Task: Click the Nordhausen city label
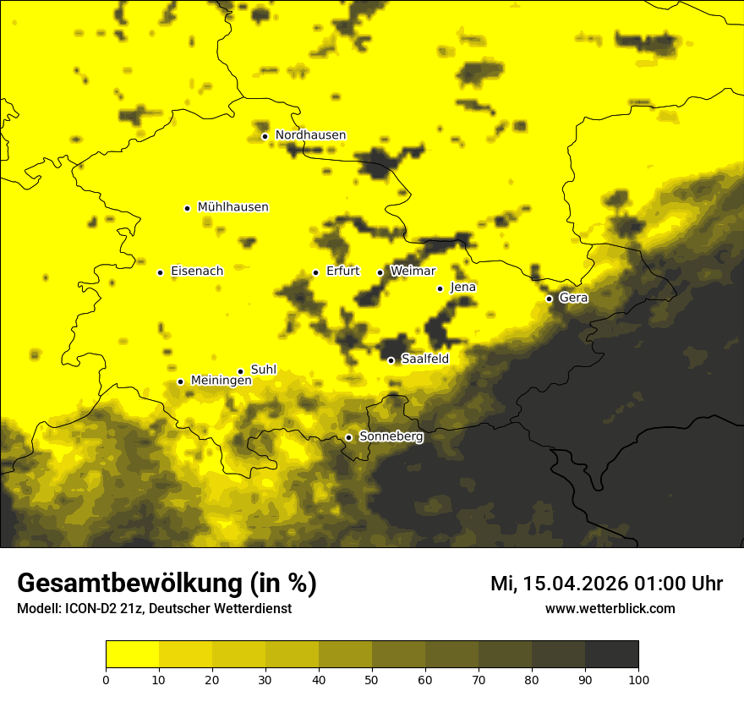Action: click(x=310, y=135)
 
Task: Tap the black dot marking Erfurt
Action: click(x=315, y=272)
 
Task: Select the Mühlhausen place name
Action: click(x=232, y=207)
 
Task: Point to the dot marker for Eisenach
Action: click(x=160, y=272)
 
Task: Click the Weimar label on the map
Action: click(x=413, y=271)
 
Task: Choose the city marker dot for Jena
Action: click(x=440, y=288)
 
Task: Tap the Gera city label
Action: click(x=572, y=298)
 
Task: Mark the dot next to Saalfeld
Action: click(x=391, y=360)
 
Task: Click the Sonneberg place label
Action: click(x=391, y=436)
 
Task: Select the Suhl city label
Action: click(x=263, y=370)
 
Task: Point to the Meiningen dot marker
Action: click(x=180, y=381)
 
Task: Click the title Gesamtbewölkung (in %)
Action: click(x=167, y=584)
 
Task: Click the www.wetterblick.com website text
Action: click(x=610, y=608)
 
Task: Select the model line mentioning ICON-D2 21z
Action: click(x=154, y=609)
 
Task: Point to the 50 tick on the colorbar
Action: click(x=372, y=679)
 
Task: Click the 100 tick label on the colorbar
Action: click(x=638, y=679)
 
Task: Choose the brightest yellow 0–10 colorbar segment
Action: click(x=132, y=655)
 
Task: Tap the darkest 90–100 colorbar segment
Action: click(x=611, y=655)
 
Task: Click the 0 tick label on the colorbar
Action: click(x=106, y=679)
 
